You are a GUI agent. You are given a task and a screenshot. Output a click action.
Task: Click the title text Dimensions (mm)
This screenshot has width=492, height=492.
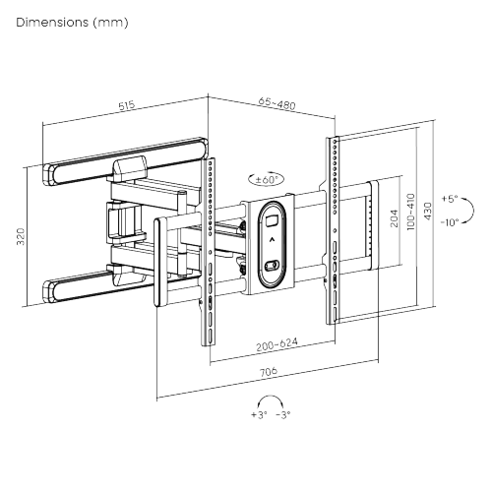click(65, 21)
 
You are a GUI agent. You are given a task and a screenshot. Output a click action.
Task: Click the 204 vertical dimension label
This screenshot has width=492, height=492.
click(395, 218)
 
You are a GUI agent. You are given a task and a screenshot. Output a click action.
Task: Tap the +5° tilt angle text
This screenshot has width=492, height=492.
click(451, 198)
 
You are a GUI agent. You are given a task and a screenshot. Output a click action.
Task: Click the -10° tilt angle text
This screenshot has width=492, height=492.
click(451, 221)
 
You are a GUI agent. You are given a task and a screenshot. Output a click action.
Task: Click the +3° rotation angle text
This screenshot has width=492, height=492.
click(259, 416)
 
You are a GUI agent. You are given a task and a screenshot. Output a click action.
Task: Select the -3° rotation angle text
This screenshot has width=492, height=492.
click(283, 416)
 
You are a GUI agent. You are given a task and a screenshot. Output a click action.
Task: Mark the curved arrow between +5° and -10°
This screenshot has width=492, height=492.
click(470, 210)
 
